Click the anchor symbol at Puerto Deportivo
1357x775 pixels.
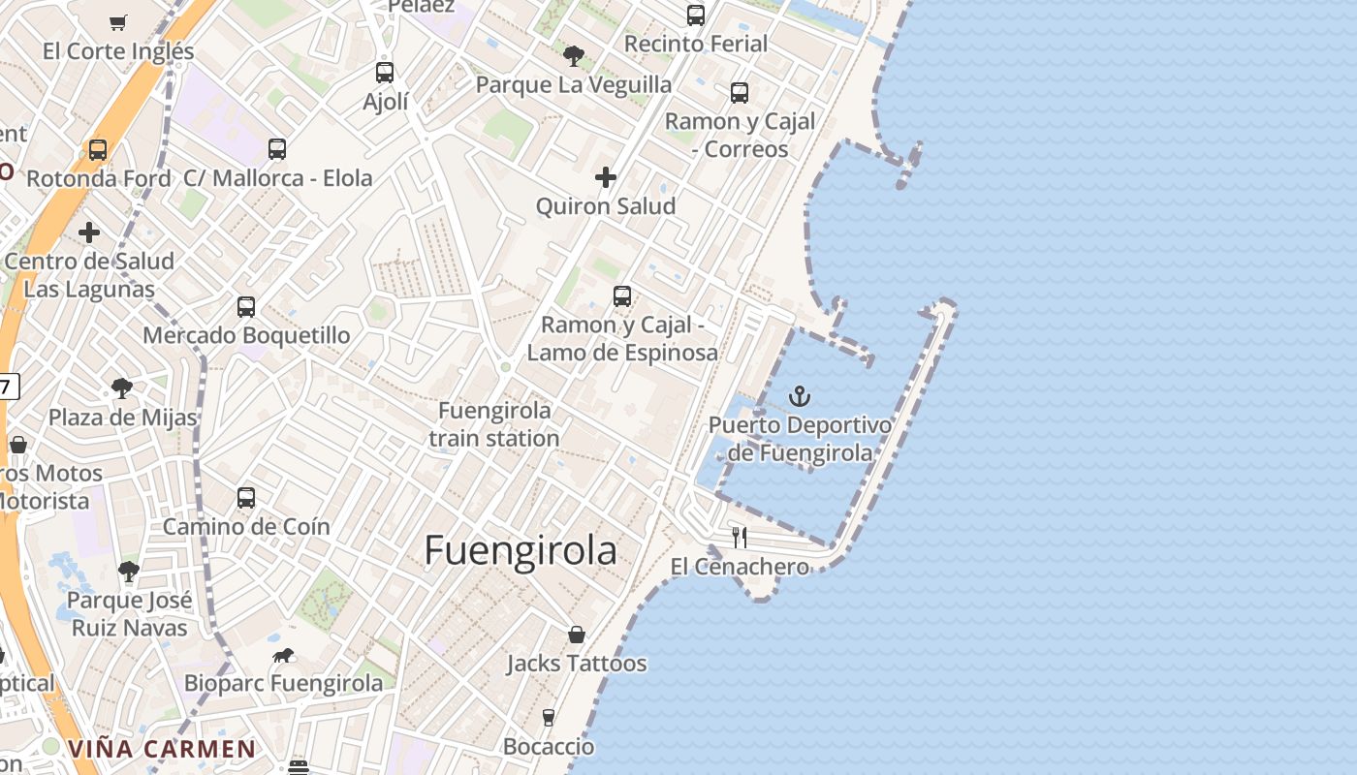click(800, 395)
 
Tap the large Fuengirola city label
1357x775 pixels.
click(521, 550)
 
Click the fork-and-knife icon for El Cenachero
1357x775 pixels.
click(740, 538)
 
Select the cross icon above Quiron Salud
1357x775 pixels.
click(606, 177)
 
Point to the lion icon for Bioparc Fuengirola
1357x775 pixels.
click(283, 656)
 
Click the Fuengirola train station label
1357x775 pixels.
click(494, 424)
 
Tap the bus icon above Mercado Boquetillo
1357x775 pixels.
click(246, 307)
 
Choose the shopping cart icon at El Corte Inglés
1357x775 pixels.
click(118, 22)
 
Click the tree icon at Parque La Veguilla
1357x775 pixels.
click(574, 56)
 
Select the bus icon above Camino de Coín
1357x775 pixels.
click(246, 498)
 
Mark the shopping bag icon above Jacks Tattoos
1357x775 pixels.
click(577, 635)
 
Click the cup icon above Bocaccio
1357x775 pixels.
click(549, 718)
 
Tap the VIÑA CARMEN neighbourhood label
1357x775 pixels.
click(162, 749)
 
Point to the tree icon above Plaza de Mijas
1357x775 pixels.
click(122, 389)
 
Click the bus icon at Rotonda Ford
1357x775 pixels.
click(98, 150)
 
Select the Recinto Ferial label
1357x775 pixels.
click(696, 44)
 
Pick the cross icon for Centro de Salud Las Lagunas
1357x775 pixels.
click(89, 232)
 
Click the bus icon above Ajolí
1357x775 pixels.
click(385, 73)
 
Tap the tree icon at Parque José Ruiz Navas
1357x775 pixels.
click(128, 572)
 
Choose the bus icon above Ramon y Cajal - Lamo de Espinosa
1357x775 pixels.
click(622, 296)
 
